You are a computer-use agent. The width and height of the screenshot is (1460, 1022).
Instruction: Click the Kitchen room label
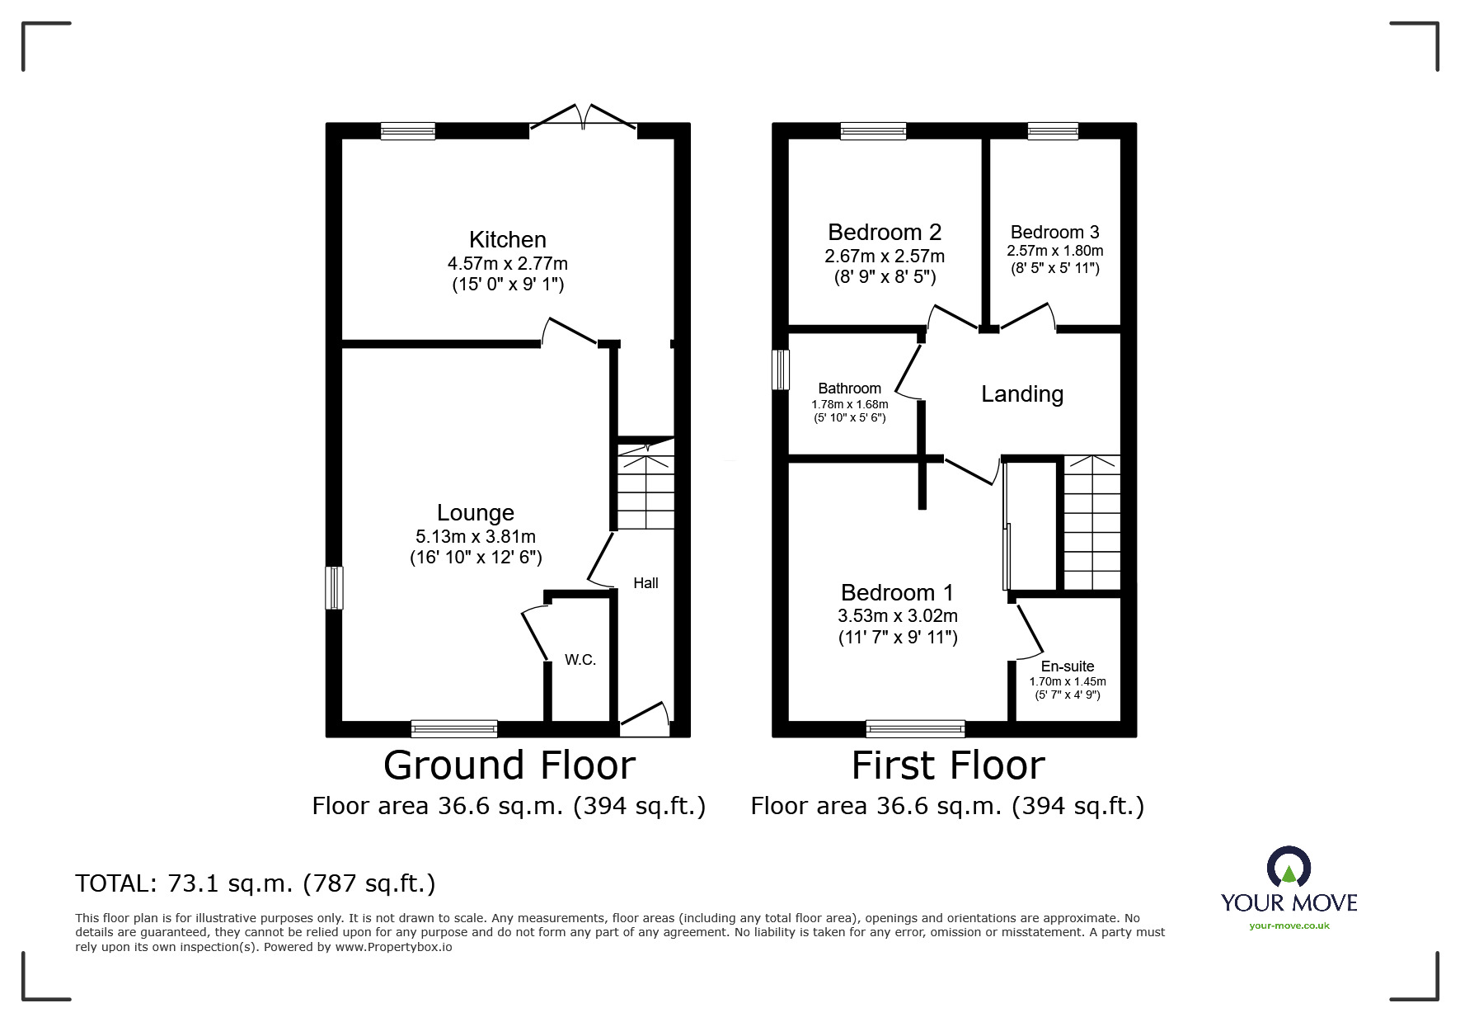[507, 240]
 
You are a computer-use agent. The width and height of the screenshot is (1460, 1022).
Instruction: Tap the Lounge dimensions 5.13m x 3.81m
[476, 537]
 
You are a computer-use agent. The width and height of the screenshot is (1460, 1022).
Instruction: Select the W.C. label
[580, 660]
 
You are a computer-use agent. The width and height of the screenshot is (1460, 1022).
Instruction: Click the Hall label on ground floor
[645, 583]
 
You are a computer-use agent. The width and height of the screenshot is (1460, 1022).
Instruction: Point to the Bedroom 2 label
[885, 233]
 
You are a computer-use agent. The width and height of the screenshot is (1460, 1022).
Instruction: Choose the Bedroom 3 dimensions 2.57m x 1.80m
[1054, 251]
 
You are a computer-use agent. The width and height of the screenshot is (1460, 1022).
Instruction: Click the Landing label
[1021, 394]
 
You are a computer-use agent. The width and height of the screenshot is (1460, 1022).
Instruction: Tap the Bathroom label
[849, 389]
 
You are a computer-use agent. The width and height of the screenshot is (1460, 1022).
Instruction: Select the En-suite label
[1067, 666]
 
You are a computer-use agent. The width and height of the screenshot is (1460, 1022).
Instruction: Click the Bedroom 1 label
[897, 593]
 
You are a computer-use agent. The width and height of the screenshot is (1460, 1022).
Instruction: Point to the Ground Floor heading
[509, 765]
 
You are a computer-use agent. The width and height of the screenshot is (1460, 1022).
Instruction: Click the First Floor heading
[947, 765]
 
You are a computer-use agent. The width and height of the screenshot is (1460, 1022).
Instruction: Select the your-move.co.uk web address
[1289, 925]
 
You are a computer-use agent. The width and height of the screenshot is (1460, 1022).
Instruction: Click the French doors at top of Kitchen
[583, 120]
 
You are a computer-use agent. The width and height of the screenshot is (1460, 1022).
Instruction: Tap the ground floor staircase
[645, 491]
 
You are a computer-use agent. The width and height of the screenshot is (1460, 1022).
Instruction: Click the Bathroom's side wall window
[780, 370]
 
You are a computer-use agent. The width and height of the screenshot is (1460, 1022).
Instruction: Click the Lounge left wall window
[334, 587]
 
